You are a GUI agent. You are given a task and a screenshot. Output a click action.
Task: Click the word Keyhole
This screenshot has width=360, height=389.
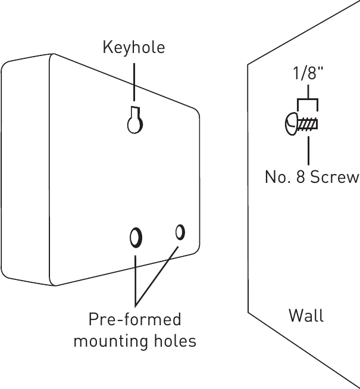click(134, 48)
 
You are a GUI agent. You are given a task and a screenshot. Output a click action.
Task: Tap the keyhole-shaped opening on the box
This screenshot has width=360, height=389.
click(135, 122)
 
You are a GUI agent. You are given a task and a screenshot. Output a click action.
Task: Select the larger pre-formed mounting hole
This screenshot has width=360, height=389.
click(136, 237)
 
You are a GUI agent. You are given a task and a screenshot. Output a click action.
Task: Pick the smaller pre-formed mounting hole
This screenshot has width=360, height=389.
click(180, 231)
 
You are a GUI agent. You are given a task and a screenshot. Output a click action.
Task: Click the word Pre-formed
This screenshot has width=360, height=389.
click(134, 320)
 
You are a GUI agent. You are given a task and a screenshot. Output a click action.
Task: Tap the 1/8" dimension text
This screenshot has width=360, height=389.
click(308, 74)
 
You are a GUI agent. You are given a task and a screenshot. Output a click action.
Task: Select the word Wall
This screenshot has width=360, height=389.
click(306, 315)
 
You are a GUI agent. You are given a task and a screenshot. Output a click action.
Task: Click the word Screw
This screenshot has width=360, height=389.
click(336, 178)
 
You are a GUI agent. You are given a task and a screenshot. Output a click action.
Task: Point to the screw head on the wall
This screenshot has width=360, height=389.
click(291, 125)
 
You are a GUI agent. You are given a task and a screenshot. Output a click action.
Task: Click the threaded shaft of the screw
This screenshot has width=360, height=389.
click(308, 125)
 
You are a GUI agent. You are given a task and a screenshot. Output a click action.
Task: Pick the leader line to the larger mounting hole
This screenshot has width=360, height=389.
click(136, 277)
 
